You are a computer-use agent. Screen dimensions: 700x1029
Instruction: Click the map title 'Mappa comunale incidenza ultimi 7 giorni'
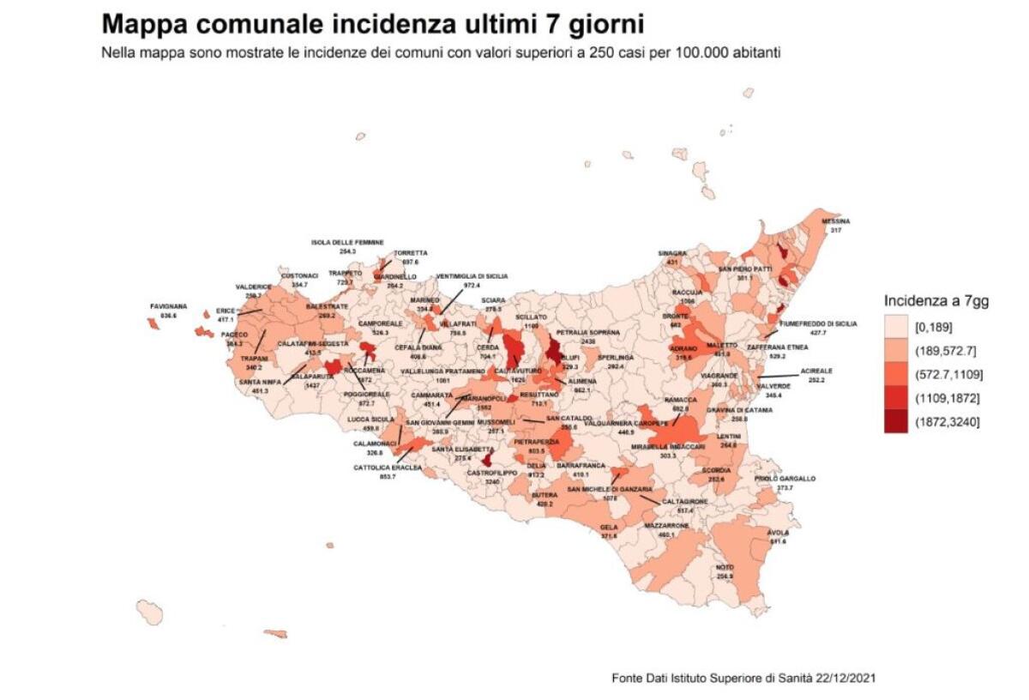[x=371, y=23]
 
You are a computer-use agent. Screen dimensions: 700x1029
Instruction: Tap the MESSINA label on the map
[x=836, y=220]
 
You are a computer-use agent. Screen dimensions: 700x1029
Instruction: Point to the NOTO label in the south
[x=725, y=567]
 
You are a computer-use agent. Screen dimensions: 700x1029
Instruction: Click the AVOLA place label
[x=779, y=532]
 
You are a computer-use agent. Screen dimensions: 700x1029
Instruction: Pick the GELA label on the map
[x=609, y=527]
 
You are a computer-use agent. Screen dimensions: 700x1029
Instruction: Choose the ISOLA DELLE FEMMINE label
[x=347, y=243]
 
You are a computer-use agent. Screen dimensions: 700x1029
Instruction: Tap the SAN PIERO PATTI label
[x=745, y=269]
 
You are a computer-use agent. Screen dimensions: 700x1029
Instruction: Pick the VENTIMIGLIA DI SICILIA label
[x=472, y=276]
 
